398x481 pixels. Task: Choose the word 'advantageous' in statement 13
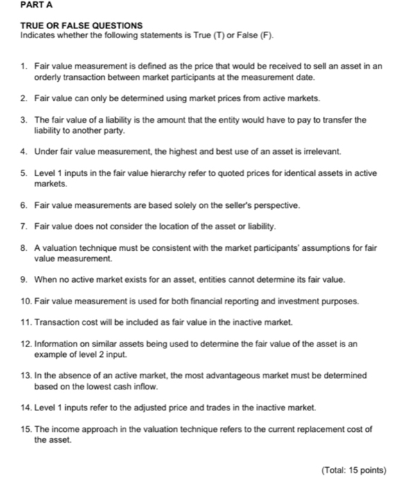(x=241, y=375)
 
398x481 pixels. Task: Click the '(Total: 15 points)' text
(x=354, y=469)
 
